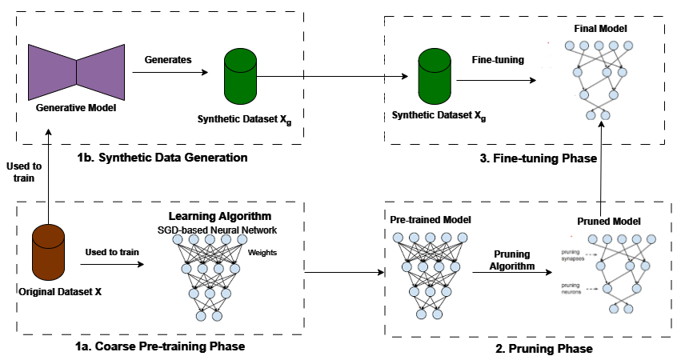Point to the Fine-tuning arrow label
click(498, 59)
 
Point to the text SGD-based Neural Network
click(218, 230)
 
